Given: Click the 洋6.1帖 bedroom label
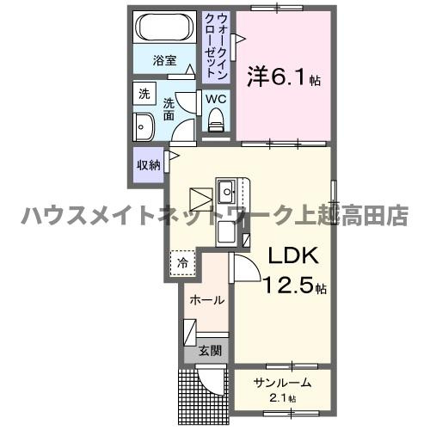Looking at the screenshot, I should (x=285, y=78).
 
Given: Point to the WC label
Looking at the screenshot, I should (x=215, y=99).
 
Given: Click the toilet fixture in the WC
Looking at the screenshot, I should (x=215, y=123).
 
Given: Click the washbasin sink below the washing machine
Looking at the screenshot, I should (x=142, y=128).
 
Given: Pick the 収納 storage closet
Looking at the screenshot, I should (x=147, y=163).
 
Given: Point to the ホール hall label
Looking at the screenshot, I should (x=206, y=300).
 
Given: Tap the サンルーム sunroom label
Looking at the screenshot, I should (x=281, y=382).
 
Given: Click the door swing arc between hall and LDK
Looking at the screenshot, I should (x=243, y=268).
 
